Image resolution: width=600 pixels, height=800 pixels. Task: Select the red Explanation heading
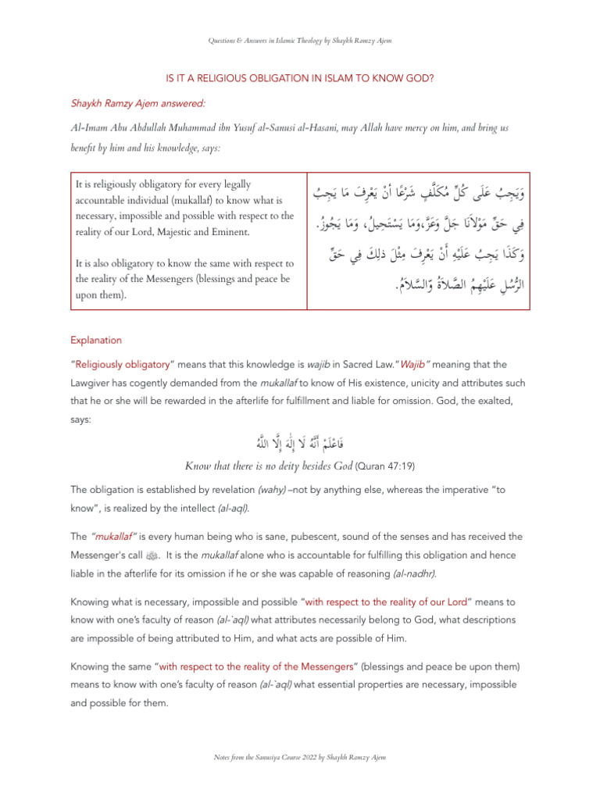(96, 341)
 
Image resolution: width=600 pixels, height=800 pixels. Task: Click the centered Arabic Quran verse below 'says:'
(299, 444)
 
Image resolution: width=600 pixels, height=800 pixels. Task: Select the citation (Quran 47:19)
(384, 466)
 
